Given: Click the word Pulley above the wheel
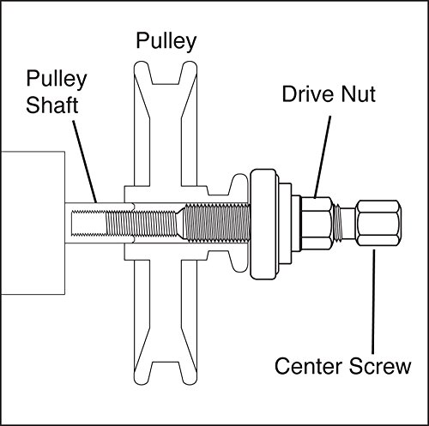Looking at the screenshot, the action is tap(166, 42).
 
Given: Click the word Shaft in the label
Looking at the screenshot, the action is tap(52, 105).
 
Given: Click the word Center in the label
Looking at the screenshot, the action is tap(308, 366).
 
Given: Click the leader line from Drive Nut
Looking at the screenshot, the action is tap(323, 157).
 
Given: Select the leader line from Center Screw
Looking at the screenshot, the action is tap(373, 302).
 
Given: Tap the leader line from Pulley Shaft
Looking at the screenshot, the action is tap(85, 161).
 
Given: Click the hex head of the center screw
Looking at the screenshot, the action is tap(378, 223).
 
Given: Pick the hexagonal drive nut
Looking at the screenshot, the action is tap(317, 223).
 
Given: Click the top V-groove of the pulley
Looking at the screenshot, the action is tap(166, 73).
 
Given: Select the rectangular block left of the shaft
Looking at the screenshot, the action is tap(33, 223).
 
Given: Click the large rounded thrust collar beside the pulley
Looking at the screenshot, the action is tap(264, 224).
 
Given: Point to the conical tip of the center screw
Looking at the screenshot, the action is tap(180, 223).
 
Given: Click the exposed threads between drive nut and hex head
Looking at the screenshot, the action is tap(338, 223).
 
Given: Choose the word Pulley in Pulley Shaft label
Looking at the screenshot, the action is tap(57, 79).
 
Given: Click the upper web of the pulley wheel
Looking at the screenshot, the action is tap(166, 135).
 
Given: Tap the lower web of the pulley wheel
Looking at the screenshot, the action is tap(166, 311).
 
